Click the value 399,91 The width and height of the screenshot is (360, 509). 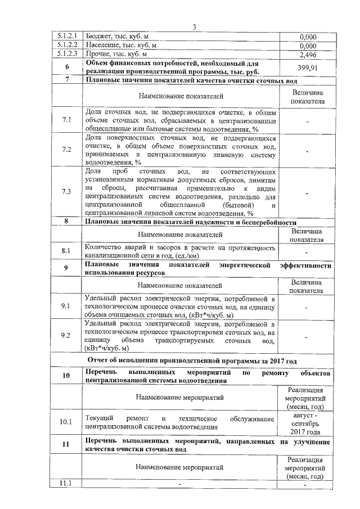pyautogui.click(x=307, y=67)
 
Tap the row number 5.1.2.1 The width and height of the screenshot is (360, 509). pyautogui.click(x=66, y=37)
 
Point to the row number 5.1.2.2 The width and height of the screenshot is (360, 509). pyautogui.click(x=66, y=46)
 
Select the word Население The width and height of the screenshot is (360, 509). pyautogui.click(x=103, y=46)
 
